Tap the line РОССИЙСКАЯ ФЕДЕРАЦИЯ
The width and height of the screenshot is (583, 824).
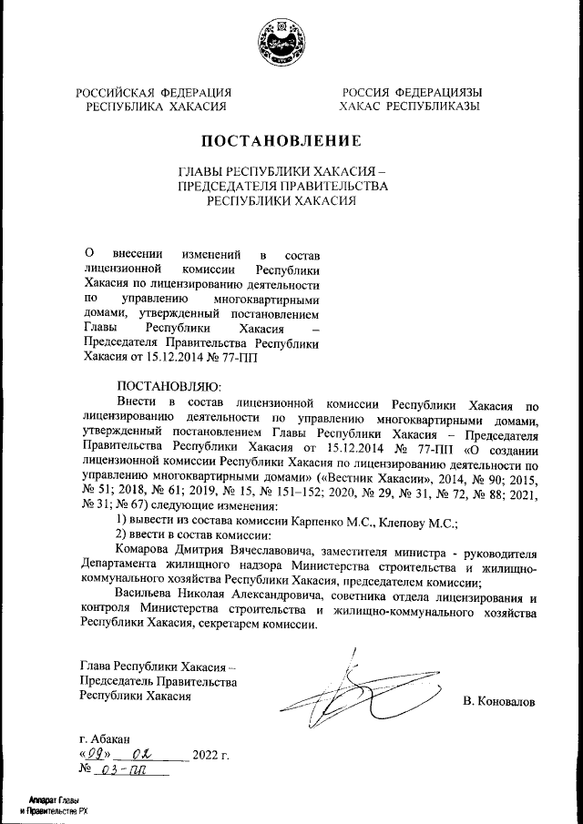point(153,92)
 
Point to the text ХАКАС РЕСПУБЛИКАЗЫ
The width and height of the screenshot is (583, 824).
point(410,107)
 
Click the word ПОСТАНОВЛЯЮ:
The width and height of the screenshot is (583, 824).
point(164,386)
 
